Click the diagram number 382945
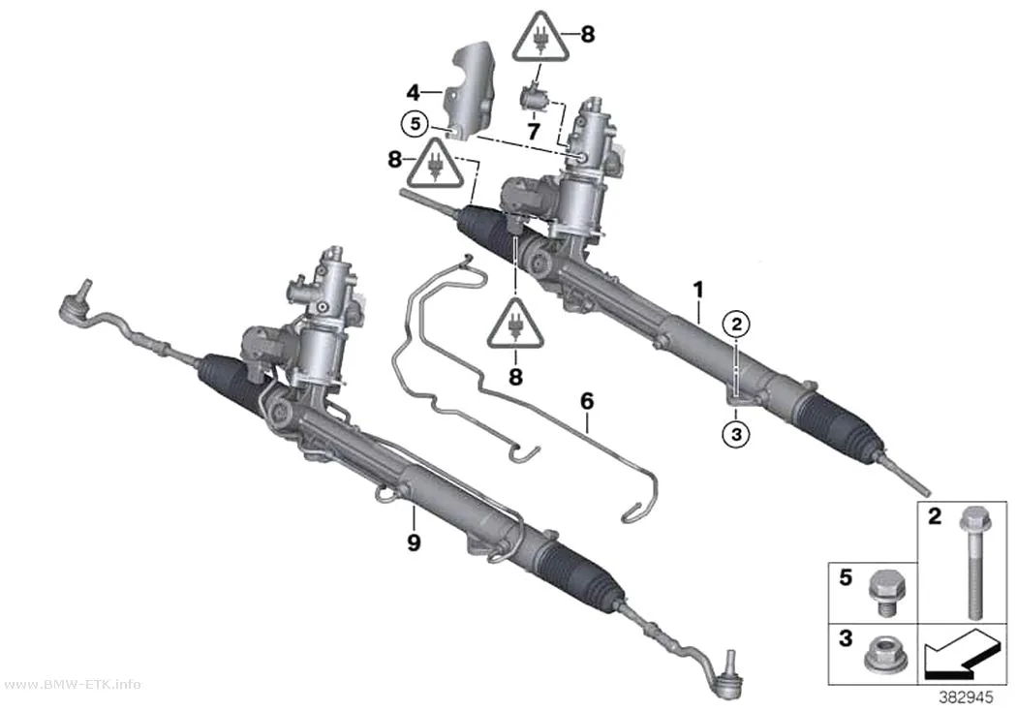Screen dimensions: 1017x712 [966, 697]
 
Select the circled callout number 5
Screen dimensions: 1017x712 [416, 122]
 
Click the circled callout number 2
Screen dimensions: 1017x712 [736, 325]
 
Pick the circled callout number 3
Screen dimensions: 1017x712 [736, 434]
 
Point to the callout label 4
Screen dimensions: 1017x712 [414, 93]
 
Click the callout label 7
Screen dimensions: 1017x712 [533, 132]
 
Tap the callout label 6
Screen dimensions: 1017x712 [586, 401]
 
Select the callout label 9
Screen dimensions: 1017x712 [414, 542]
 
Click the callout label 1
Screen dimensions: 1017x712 [698, 290]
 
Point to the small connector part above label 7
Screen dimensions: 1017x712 [535, 100]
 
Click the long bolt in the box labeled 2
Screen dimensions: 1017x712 [971, 563]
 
